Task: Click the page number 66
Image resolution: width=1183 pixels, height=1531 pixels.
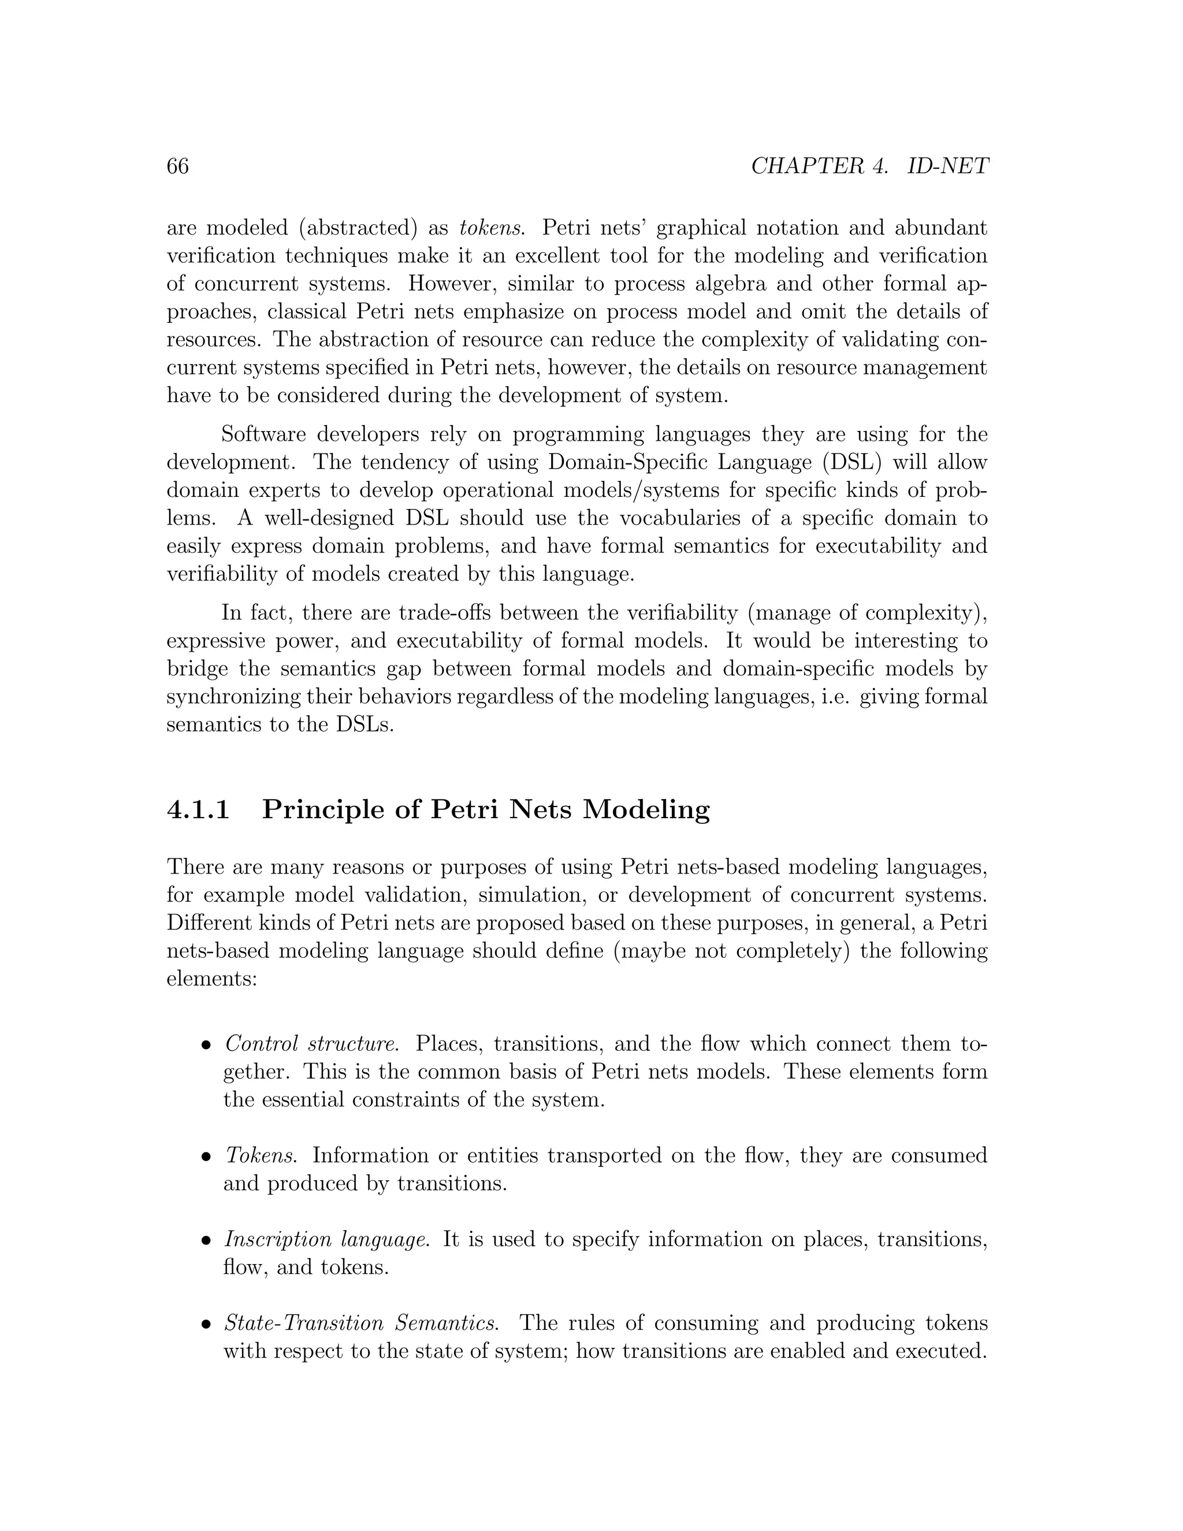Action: [x=177, y=166]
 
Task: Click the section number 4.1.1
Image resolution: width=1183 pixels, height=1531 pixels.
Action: [x=198, y=809]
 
